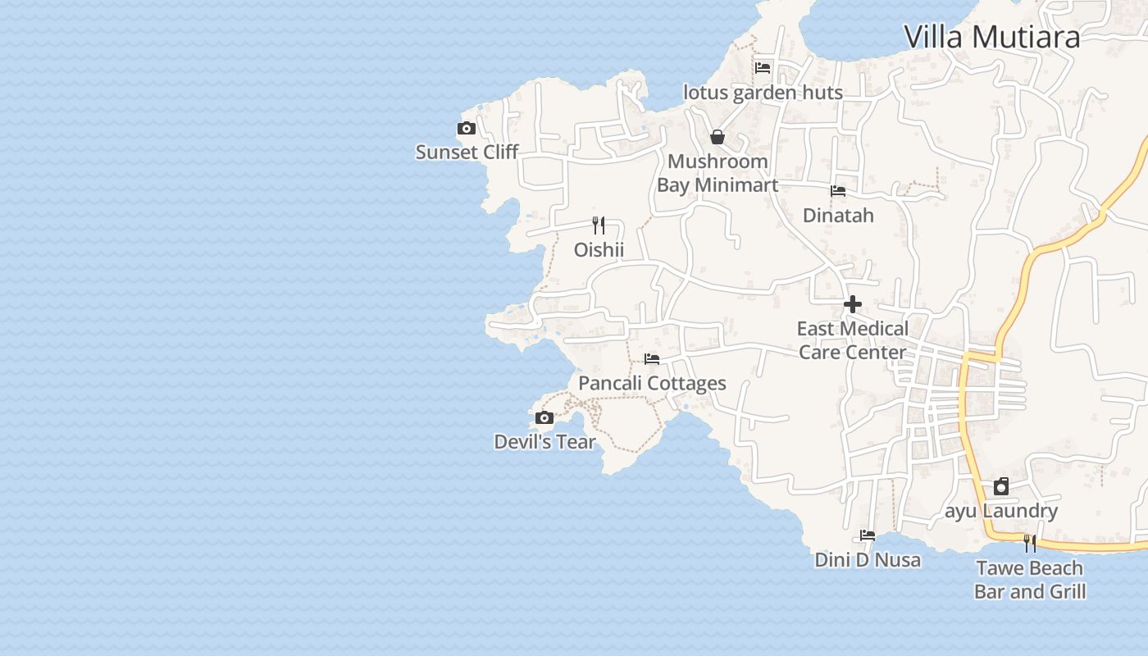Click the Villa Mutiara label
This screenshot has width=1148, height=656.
[991, 37]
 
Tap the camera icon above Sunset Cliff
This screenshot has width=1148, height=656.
[467, 128]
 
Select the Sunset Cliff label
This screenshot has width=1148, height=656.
[467, 152]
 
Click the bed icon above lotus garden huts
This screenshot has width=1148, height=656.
[763, 67]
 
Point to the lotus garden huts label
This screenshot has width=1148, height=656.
[763, 93]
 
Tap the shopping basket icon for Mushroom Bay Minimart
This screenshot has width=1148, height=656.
[717, 137]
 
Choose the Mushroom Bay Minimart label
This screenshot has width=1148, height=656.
[717, 173]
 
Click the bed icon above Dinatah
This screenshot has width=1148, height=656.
[838, 191]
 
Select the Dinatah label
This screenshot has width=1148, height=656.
[838, 216]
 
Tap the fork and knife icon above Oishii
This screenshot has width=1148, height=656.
[599, 225]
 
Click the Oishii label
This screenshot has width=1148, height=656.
[599, 249]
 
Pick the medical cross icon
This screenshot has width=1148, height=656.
[853, 304]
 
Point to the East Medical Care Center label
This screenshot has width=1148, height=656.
[853, 340]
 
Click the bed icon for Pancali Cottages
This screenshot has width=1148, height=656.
[652, 359]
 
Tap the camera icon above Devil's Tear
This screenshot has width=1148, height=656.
[544, 418]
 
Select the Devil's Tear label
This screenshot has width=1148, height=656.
[544, 442]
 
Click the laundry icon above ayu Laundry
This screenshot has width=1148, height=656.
[1001, 486]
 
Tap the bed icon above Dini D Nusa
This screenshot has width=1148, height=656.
[868, 535]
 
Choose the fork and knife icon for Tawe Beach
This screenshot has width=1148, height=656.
[1030, 543]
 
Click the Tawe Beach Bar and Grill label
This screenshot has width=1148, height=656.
[1030, 580]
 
